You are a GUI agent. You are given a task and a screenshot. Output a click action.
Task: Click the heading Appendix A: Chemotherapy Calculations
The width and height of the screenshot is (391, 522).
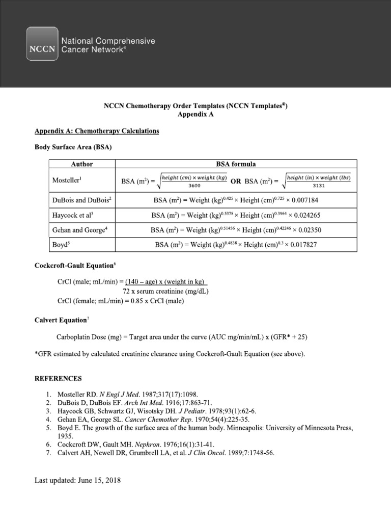pyautogui.click(x=97, y=131)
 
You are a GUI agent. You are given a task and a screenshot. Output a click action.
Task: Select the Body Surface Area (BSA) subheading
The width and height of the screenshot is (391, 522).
pyautogui.click(x=73, y=147)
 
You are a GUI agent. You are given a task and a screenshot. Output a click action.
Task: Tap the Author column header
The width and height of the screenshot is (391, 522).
pyautogui.click(x=82, y=164)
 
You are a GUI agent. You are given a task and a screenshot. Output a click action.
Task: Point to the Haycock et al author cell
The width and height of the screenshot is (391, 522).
pyautogui.click(x=73, y=215)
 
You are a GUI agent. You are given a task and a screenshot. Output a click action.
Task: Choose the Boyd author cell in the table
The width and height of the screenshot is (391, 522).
pyautogui.click(x=61, y=245)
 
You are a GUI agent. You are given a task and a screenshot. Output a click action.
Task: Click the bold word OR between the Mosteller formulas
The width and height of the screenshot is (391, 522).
pyautogui.click(x=236, y=181)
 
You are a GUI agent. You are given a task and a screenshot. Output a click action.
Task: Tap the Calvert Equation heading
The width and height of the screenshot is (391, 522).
pyautogui.click(x=60, y=320)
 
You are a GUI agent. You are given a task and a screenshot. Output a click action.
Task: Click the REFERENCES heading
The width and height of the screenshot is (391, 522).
pyautogui.click(x=58, y=379)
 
